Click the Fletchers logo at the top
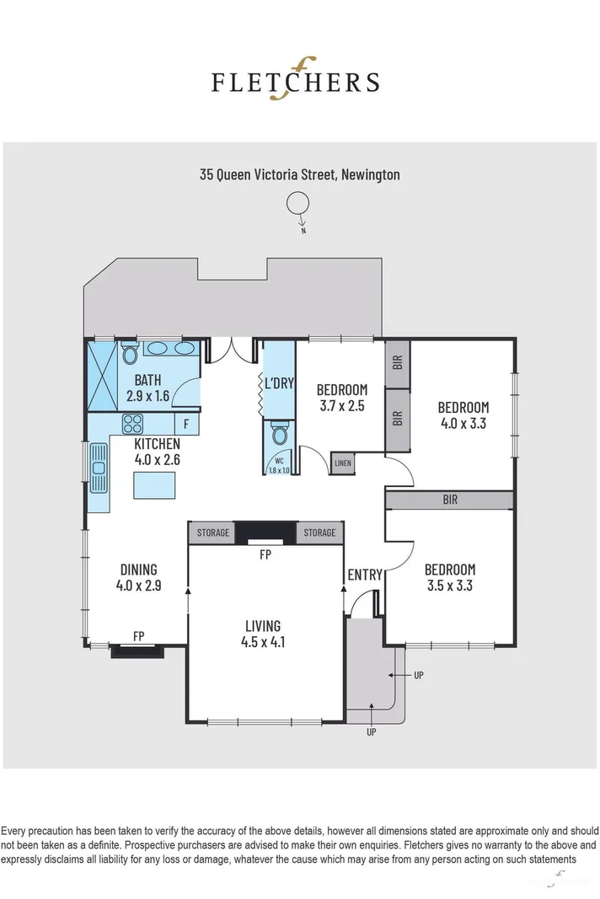[295, 81]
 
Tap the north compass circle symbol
[297, 203]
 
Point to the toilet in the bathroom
[128, 355]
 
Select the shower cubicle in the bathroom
[103, 376]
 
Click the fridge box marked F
[186, 424]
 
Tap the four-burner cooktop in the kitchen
[133, 423]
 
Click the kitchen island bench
[154, 485]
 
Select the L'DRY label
[278, 384]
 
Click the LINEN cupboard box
[342, 463]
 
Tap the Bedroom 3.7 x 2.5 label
[341, 397]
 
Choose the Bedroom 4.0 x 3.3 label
[463, 415]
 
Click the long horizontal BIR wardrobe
[449, 500]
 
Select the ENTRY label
[365, 575]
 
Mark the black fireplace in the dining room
[137, 650]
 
